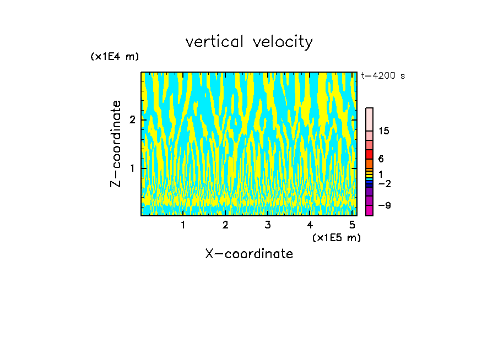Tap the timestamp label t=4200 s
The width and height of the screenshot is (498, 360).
pyautogui.click(x=383, y=76)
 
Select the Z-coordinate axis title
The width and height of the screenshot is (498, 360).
pyautogui.click(x=116, y=144)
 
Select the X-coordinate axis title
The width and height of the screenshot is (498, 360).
pyautogui.click(x=249, y=254)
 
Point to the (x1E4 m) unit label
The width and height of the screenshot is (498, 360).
pyautogui.click(x=115, y=57)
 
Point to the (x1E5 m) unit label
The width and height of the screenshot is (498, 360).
pyautogui.click(x=336, y=237)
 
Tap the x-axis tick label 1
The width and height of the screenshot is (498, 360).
pyautogui.click(x=183, y=225)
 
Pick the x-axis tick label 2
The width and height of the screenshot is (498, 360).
pyautogui.click(x=225, y=225)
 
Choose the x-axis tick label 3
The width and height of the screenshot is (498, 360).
pyautogui.click(x=267, y=225)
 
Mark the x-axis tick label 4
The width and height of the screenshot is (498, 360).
pyautogui.click(x=310, y=225)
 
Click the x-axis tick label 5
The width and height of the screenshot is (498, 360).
pyautogui.click(x=352, y=225)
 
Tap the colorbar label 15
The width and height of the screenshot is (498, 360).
pyautogui.click(x=384, y=131)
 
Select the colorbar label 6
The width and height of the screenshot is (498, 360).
pyautogui.click(x=381, y=159)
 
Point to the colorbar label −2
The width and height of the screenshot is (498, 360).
pyautogui.click(x=384, y=183)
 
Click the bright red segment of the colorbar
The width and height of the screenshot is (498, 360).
pyautogui.click(x=369, y=154)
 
